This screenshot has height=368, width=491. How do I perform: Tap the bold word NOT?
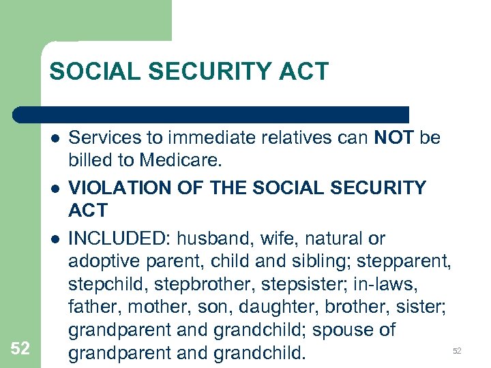[394, 139]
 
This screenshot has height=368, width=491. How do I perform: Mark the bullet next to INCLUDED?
[54, 239]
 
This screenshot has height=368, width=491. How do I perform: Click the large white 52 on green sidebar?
[20, 349]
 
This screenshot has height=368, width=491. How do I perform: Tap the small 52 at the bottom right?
[458, 351]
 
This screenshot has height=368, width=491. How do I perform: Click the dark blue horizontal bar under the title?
[211, 114]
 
